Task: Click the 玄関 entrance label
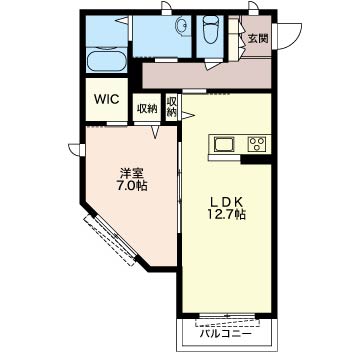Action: click(x=258, y=39)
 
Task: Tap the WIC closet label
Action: click(x=107, y=99)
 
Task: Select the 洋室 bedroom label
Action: click(x=132, y=173)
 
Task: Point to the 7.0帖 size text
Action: click(x=132, y=186)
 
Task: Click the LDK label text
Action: click(x=227, y=202)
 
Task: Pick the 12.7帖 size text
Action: click(x=227, y=214)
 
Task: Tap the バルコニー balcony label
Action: click(x=226, y=333)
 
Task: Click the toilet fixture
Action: click(x=210, y=30)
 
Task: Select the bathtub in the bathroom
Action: click(x=107, y=60)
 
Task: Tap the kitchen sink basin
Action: click(x=224, y=144)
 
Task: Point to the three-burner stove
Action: click(x=257, y=144)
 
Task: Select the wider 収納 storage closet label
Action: click(x=147, y=109)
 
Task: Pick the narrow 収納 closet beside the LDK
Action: click(x=171, y=107)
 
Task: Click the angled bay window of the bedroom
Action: click(x=110, y=240)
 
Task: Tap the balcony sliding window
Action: click(x=227, y=319)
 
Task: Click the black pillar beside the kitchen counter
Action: click(x=256, y=160)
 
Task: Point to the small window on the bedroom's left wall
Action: click(x=77, y=149)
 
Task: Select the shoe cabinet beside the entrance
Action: click(x=233, y=38)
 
